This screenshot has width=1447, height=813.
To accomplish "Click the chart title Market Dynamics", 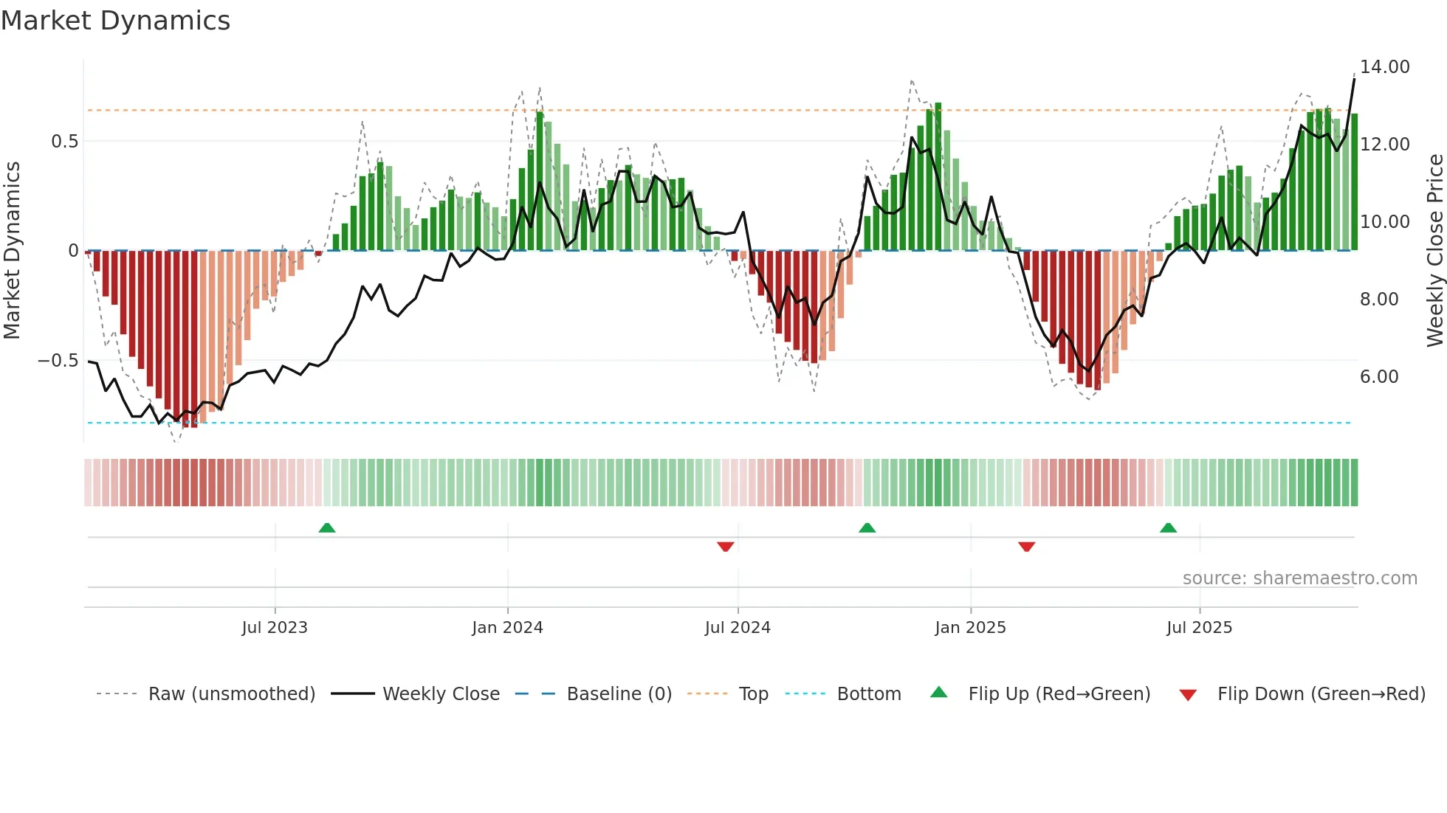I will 116,21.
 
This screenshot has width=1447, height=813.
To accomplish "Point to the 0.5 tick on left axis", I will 64,141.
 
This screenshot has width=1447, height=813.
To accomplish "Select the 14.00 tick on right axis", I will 1385,67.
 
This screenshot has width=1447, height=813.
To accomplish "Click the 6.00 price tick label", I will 1379,377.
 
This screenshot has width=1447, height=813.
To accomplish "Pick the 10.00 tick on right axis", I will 1385,222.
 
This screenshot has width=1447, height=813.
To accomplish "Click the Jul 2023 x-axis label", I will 275,628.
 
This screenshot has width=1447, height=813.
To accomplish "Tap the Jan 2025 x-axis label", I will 970,628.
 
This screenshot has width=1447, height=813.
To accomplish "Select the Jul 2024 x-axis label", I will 738,628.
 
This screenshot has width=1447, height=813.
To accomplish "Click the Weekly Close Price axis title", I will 1434,251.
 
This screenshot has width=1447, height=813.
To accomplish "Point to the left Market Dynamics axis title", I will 13,251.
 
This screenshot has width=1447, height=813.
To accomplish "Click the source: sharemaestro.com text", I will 1299,578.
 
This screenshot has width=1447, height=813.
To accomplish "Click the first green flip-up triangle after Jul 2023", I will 327,527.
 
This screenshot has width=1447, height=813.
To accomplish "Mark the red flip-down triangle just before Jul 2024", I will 726,547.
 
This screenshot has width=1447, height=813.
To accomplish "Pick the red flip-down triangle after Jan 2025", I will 1026,547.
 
